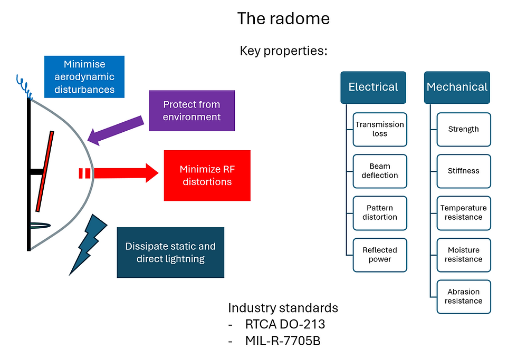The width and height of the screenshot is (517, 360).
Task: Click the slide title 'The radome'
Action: (283, 18)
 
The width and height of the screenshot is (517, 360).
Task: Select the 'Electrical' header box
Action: (374, 87)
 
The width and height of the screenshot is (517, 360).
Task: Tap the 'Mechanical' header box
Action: (457, 87)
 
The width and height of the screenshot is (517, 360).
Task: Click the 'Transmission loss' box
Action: (380, 130)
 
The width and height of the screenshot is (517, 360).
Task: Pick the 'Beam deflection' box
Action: (380, 171)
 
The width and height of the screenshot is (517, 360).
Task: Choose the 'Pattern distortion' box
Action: (380, 213)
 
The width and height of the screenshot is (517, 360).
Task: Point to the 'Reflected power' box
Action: (380, 255)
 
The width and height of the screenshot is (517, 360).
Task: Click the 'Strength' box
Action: (464, 130)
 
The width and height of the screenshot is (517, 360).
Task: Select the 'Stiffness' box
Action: (464, 171)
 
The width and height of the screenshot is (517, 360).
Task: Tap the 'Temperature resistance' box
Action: (464, 213)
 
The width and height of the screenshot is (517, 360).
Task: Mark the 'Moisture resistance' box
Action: (464, 255)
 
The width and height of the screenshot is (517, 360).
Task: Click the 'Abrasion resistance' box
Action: (464, 297)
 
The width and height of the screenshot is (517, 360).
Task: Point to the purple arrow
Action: (116, 130)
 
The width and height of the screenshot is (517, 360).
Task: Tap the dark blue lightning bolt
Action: (88, 245)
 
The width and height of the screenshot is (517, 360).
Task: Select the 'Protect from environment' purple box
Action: (192, 111)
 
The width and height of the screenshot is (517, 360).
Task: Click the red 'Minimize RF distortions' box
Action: (207, 176)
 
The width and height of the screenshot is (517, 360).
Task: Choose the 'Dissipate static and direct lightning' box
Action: (170, 252)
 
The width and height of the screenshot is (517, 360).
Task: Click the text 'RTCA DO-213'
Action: (285, 325)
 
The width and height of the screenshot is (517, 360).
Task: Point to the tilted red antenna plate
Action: (44, 171)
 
